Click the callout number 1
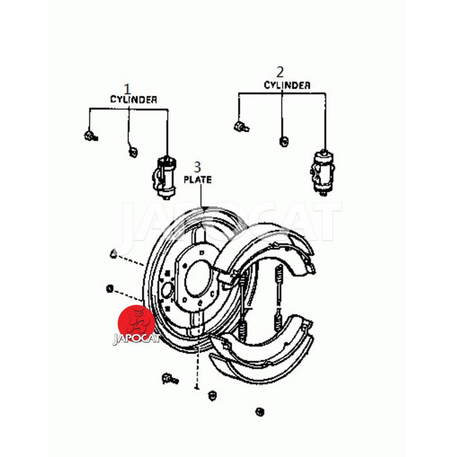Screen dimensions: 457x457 (127, 89)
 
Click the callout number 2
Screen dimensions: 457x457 (280, 72)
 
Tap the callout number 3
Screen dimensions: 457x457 (197, 167)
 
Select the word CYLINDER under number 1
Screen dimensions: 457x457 (134, 99)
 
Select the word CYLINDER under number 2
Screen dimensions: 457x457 (287, 85)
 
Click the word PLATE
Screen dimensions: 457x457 (198, 179)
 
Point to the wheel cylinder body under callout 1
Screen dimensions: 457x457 (164, 178)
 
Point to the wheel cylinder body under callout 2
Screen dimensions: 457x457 (322, 172)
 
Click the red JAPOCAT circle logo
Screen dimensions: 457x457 (136, 323)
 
